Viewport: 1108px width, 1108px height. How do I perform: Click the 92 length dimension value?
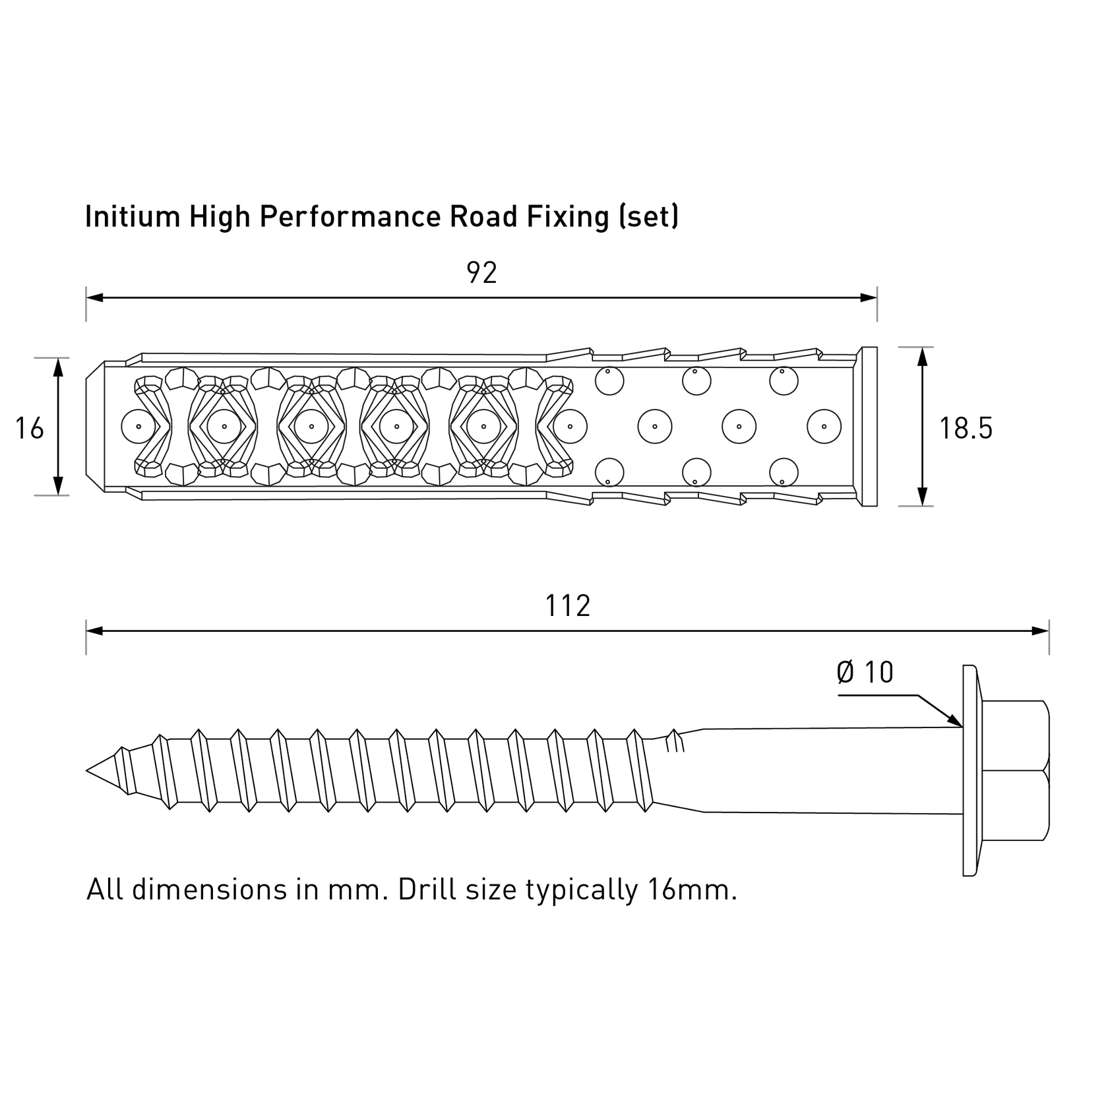(x=481, y=273)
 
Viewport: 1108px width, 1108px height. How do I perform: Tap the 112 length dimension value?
(x=567, y=606)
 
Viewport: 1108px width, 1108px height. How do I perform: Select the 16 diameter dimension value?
(x=30, y=429)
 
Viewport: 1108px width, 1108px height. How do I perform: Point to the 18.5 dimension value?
(x=966, y=429)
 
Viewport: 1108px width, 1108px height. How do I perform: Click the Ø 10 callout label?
(x=865, y=673)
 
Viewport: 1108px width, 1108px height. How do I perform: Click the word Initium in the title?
(x=132, y=217)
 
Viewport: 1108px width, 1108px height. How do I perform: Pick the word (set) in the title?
(x=649, y=217)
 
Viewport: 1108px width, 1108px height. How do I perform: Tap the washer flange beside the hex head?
(x=969, y=770)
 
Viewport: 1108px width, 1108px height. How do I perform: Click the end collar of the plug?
(x=869, y=427)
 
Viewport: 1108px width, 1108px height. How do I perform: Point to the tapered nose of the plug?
(x=95, y=427)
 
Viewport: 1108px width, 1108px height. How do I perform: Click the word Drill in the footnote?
(x=427, y=890)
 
